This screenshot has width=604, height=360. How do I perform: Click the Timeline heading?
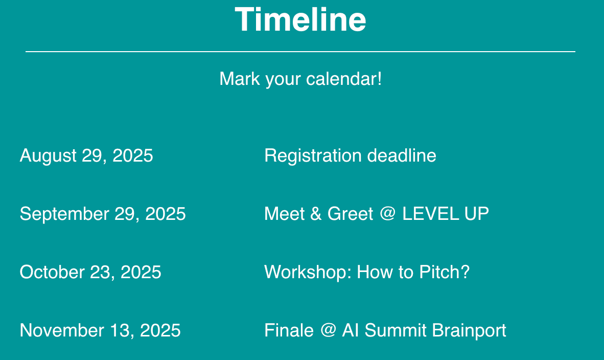click(x=300, y=19)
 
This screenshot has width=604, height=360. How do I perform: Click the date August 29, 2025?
click(x=86, y=156)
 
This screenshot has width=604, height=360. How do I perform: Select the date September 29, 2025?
click(x=103, y=214)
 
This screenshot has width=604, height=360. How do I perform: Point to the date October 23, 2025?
click(x=90, y=272)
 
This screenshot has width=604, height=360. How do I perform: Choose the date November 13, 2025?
click(x=100, y=330)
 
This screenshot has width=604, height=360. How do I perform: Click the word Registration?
click(x=312, y=156)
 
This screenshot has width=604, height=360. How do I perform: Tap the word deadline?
click(x=402, y=156)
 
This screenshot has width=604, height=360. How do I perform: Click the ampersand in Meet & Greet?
click(x=316, y=214)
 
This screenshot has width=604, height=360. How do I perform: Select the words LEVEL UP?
click(x=446, y=214)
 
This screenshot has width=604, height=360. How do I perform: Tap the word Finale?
click(x=289, y=330)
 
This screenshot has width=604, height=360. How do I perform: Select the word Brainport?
click(x=469, y=331)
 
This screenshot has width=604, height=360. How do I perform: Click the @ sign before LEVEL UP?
click(x=387, y=214)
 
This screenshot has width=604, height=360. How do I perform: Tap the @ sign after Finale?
click(x=328, y=330)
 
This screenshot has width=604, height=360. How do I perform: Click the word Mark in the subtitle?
click(x=240, y=79)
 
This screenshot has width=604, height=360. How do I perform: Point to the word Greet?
click(x=351, y=214)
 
